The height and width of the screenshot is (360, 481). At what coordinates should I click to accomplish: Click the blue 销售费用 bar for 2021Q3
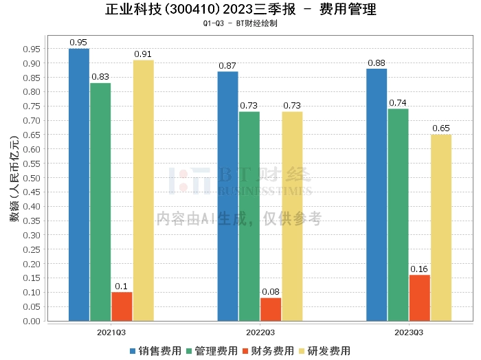pyautogui.click(x=79, y=184)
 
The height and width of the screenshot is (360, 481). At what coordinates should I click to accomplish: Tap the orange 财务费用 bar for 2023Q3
pyautogui.click(x=420, y=297)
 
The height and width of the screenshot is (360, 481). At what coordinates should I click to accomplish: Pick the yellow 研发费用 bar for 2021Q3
pyautogui.click(x=144, y=190)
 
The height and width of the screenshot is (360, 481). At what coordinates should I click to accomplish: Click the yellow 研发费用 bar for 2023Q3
pyautogui.click(x=441, y=227)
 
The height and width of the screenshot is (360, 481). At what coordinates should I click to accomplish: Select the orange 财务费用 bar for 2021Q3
pyautogui.click(x=122, y=306)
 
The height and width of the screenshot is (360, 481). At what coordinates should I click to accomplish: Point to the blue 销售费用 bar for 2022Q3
pyautogui.click(x=228, y=196)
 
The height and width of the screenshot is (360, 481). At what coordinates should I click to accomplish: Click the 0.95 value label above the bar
pyautogui.click(x=79, y=42)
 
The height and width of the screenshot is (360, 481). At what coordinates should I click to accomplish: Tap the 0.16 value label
pyautogui.click(x=419, y=269)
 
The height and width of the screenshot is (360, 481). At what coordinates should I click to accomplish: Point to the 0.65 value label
pyautogui.click(x=441, y=128)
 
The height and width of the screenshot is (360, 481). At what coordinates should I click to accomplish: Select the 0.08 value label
pyautogui.click(x=271, y=291)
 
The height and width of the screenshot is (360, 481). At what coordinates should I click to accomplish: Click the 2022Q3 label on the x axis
pyautogui.click(x=260, y=332)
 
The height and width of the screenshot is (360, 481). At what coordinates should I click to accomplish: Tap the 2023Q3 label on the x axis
pyautogui.click(x=409, y=332)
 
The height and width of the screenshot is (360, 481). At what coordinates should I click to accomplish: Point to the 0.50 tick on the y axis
pyautogui.click(x=32, y=177)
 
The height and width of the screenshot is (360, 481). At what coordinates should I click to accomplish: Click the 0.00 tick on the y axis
pyautogui.click(x=32, y=321)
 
